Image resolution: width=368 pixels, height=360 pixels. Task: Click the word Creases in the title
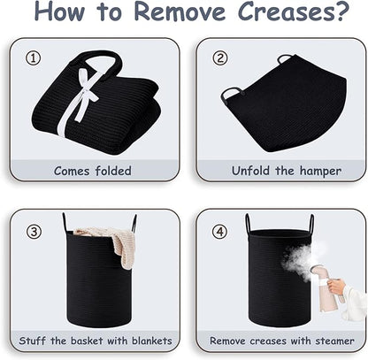point(287,11)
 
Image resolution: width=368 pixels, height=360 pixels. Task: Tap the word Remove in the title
point(180,11)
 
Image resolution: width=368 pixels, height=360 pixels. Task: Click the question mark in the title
point(342,11)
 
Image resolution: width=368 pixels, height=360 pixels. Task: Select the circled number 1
point(33,58)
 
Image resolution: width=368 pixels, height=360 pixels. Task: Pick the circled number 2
point(220,58)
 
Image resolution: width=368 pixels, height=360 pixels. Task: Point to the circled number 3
point(34,232)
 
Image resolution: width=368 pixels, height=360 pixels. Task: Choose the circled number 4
point(220,232)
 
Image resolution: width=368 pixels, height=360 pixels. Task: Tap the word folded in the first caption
point(113,171)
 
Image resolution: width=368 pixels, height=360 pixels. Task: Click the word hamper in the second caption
point(320,171)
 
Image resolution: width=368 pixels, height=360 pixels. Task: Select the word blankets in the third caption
point(152,341)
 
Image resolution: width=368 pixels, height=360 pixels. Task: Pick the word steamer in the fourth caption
point(334,341)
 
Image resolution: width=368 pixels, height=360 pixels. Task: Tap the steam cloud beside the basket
point(298,258)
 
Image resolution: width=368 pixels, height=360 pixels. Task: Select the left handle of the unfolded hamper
point(231,95)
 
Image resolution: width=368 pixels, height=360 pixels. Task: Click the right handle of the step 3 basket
point(134,223)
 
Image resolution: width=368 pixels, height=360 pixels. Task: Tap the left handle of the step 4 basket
point(248,224)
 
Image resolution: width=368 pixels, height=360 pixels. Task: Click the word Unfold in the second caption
point(250,171)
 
